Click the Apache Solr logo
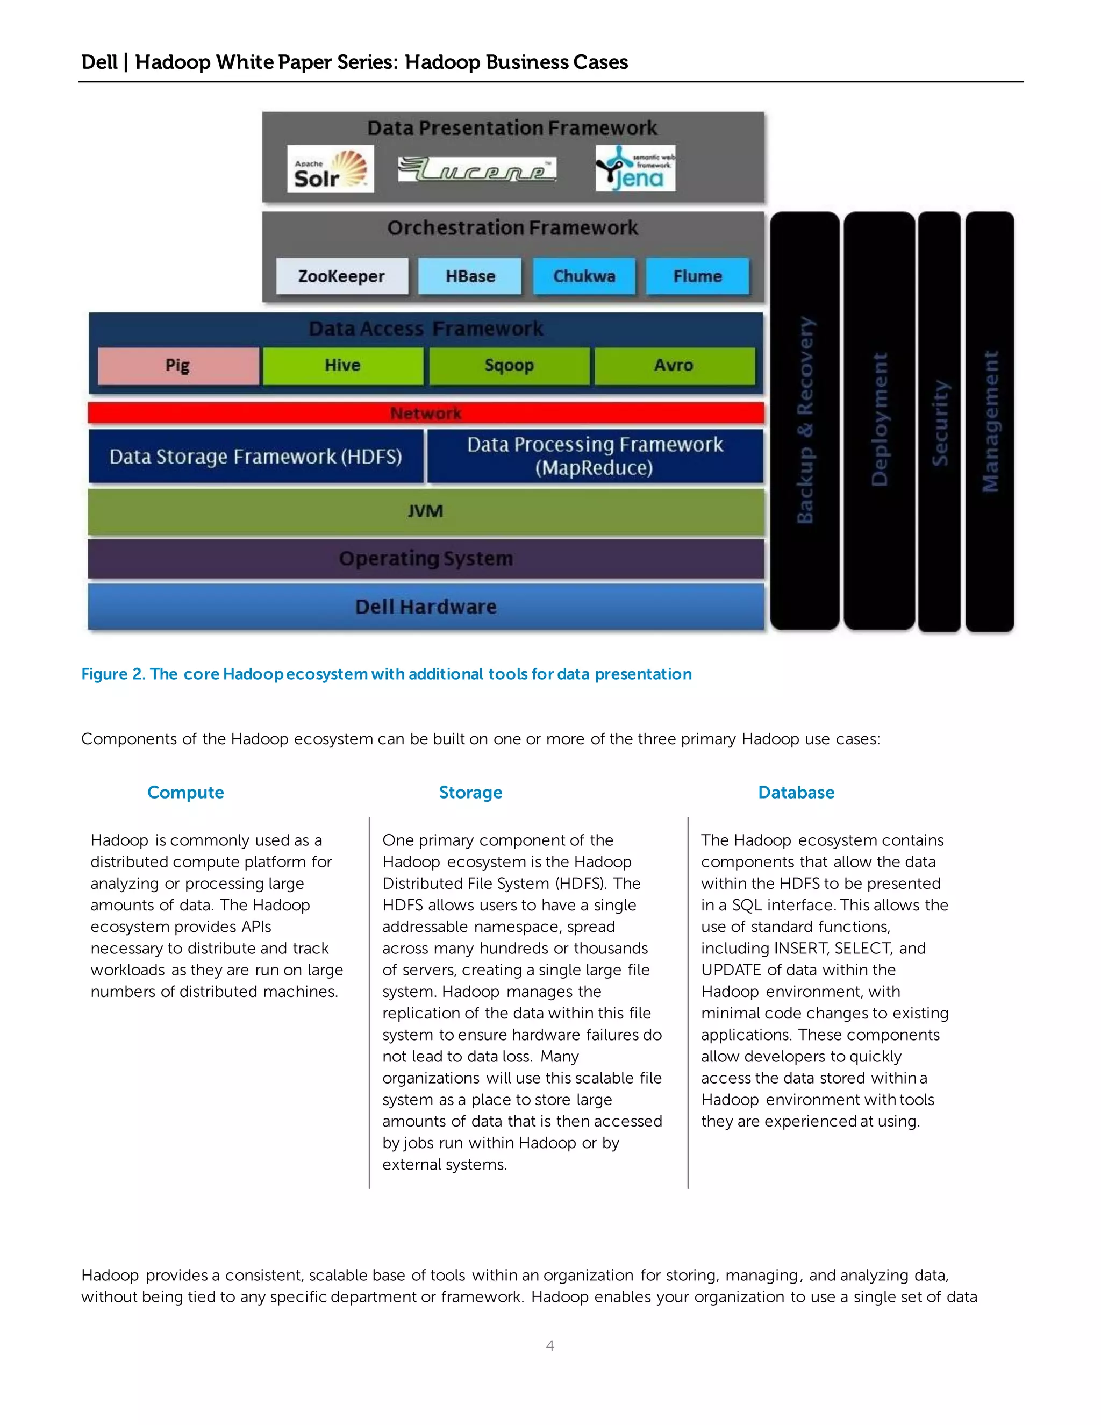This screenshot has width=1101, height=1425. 330,169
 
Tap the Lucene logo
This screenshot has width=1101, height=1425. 477,169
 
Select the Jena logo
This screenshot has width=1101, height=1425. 635,169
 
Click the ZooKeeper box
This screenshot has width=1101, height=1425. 342,276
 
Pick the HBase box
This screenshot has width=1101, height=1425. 470,276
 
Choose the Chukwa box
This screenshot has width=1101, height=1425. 584,276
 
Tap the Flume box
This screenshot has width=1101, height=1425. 697,276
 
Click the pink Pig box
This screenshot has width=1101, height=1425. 178,365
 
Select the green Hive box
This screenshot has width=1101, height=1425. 342,365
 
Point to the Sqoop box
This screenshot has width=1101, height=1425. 509,365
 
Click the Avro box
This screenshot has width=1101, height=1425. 674,365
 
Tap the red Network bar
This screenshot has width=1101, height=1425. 425,413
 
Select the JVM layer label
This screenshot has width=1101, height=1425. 425,511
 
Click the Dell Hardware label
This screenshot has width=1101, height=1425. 425,607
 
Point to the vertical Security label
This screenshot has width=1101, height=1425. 939,423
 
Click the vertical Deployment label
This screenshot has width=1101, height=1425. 879,419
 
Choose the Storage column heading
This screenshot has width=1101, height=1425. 470,792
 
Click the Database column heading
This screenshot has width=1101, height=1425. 796,792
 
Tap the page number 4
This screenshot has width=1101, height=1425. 550,1345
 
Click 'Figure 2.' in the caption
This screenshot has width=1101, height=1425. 113,674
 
